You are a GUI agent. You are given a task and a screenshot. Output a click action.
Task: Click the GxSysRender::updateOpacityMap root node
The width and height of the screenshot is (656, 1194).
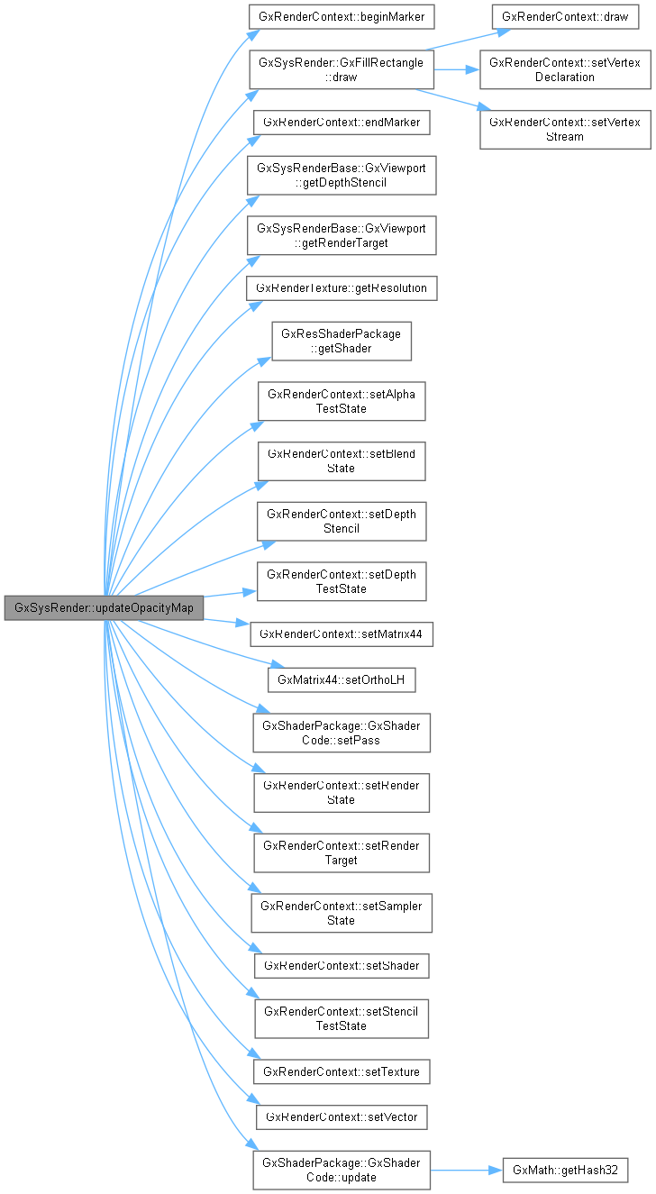(x=104, y=607)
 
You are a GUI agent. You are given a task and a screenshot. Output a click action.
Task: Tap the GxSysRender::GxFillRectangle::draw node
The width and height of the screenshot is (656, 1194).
(x=342, y=69)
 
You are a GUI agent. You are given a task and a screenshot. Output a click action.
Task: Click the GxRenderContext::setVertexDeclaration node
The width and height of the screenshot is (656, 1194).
(x=564, y=69)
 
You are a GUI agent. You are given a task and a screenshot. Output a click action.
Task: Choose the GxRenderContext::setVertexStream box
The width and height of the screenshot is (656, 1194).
(x=564, y=129)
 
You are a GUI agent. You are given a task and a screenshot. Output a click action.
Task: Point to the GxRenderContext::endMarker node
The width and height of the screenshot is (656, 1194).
(x=342, y=122)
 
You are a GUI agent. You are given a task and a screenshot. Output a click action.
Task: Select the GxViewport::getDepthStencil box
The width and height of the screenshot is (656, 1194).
(x=342, y=176)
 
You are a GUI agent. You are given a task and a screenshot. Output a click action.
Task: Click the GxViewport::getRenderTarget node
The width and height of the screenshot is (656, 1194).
(x=342, y=235)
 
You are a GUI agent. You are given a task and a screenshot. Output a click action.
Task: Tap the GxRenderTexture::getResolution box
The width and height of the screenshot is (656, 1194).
(x=342, y=287)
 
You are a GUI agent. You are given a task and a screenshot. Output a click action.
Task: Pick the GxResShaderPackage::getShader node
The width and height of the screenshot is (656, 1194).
(x=342, y=342)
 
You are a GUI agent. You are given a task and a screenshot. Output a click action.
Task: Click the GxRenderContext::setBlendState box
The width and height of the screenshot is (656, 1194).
(x=342, y=460)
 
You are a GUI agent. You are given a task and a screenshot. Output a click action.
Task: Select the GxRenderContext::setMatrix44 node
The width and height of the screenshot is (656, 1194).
(x=342, y=633)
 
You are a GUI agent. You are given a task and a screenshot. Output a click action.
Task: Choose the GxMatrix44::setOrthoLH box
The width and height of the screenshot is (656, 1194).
(x=342, y=679)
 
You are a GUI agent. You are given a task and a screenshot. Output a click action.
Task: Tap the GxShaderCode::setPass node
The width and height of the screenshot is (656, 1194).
(x=342, y=733)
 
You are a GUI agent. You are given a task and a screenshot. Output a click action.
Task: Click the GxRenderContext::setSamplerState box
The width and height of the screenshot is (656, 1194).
(x=342, y=913)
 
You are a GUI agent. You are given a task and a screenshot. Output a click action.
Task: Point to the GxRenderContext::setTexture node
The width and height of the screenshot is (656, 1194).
(x=342, y=1071)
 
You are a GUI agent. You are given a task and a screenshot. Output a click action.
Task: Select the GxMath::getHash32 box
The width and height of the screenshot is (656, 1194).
(x=564, y=1170)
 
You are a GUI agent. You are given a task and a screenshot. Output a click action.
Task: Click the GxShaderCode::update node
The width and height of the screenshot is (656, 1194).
(x=342, y=1170)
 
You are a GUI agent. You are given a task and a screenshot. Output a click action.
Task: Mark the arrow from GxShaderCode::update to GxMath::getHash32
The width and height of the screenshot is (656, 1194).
(x=465, y=1170)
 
